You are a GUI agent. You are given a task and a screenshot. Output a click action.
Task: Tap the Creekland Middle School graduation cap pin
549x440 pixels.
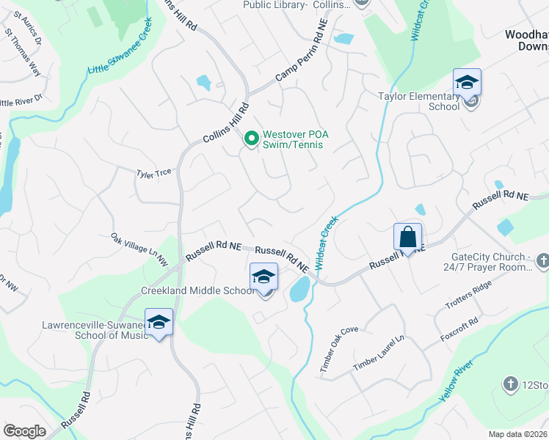point(264,276)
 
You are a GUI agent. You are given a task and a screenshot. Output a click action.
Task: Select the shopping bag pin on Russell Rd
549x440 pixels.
point(408,237)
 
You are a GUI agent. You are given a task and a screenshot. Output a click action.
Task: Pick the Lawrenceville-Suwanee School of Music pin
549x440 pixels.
point(159,323)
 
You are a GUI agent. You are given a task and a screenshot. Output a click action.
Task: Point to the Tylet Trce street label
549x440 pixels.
point(153,173)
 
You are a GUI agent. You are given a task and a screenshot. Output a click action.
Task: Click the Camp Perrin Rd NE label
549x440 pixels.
point(300,56)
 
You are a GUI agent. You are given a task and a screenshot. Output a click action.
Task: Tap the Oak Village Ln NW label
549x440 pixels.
point(139,248)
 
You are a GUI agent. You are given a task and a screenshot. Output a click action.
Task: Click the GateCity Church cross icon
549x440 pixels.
point(542,260)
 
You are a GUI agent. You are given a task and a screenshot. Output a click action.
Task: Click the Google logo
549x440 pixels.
point(24,431)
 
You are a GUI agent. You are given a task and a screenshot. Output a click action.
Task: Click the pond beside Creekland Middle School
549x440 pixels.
point(299,290)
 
